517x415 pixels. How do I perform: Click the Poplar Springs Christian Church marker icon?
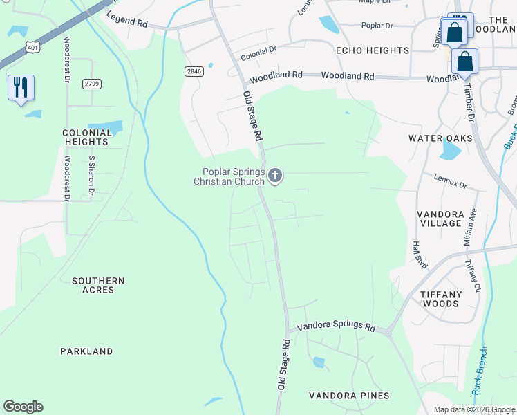pyautogui.click(x=275, y=176)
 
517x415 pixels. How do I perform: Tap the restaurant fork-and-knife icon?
pyautogui.click(x=20, y=88)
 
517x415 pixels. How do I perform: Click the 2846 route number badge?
pyautogui.click(x=194, y=71)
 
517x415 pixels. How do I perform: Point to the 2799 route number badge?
pyautogui.click(x=91, y=84)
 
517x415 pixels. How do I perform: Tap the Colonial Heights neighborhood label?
pyautogui.click(x=86, y=137)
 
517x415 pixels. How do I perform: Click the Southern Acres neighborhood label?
pyautogui.click(x=98, y=285)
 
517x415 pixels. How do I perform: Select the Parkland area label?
pyautogui.click(x=86, y=351)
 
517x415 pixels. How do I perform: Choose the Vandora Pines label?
pyautogui.click(x=349, y=396)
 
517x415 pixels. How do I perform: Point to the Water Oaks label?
pyautogui.click(x=440, y=138)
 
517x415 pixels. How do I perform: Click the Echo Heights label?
pyautogui.click(x=373, y=50)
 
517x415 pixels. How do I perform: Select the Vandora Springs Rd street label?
pyautogui.click(x=336, y=326)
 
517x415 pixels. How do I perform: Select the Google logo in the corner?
pyautogui.click(x=23, y=407)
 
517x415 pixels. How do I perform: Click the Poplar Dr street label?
pyautogui.click(x=377, y=26)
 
